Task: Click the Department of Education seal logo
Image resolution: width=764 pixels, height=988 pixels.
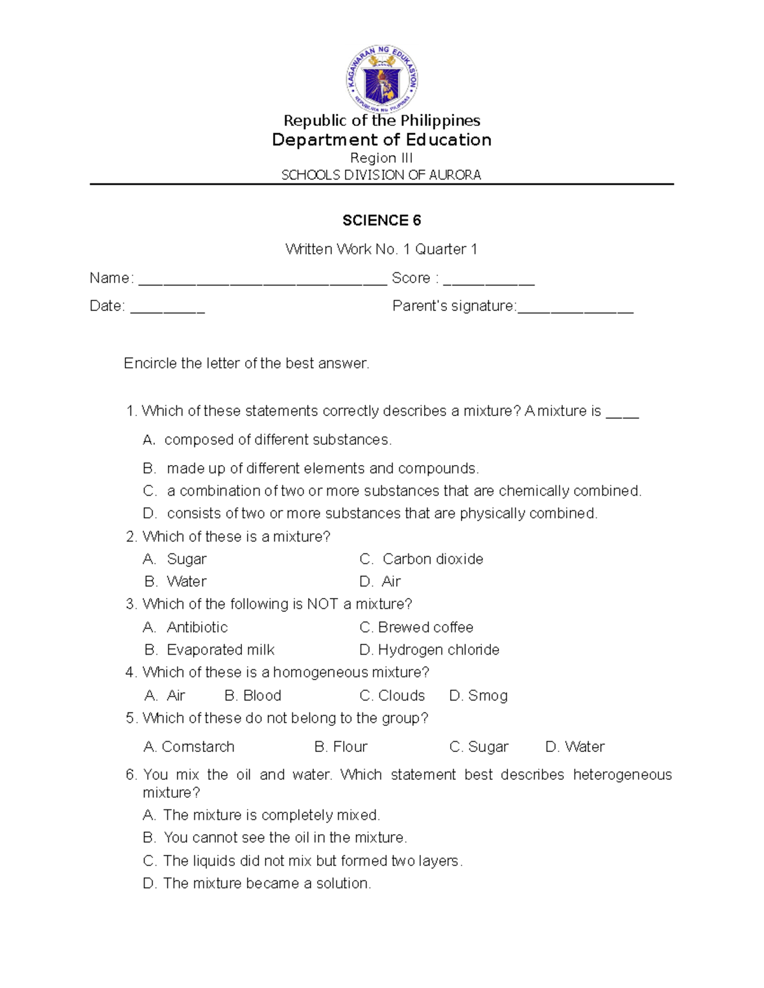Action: pos(382,80)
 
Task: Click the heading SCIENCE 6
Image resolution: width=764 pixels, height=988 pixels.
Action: pos(381,221)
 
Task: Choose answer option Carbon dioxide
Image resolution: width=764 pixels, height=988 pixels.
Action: pos(432,559)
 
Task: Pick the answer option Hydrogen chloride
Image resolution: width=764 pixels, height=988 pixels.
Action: pos(438,650)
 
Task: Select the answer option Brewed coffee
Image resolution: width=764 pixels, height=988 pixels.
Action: pos(425,627)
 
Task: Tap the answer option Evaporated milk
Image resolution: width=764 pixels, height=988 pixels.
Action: pos(220,650)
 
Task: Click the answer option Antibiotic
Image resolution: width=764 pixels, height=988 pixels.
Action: pos(197,627)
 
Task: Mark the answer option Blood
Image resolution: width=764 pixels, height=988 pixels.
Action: pos(262,695)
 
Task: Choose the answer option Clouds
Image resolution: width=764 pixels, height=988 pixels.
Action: pos(401,695)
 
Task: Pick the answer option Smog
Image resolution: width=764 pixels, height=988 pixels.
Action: pos(488,695)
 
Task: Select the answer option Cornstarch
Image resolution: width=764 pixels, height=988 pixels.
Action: pos(197,747)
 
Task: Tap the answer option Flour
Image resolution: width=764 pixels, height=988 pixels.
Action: pos(350,747)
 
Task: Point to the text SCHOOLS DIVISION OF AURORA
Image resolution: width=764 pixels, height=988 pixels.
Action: pos(381,175)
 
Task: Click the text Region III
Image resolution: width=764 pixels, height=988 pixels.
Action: pos(381,158)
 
